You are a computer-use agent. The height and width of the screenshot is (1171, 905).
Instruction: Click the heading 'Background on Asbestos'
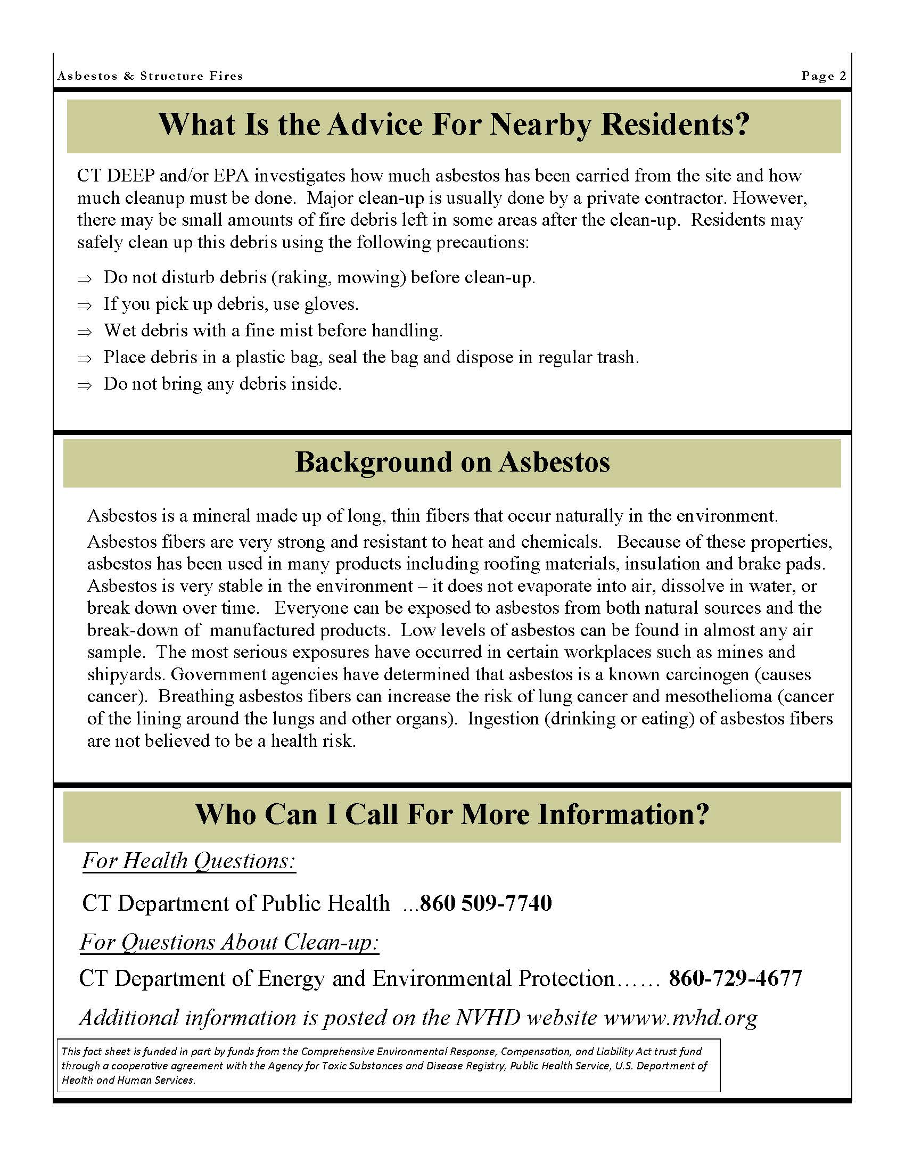452,462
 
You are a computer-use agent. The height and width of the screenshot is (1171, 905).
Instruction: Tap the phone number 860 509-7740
486,903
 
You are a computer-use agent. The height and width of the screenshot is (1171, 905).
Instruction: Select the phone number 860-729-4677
735,978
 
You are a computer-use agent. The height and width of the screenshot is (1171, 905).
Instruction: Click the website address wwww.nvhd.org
681,1018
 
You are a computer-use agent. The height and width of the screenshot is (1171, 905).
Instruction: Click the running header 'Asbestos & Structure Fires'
150,76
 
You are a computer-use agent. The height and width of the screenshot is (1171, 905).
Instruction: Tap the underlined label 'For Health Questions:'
189,862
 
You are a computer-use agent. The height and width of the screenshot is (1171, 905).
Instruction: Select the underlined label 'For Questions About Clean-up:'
229,943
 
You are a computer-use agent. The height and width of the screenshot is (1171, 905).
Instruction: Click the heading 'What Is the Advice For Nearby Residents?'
453,125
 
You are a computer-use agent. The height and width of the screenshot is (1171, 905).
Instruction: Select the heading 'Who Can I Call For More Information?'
452,814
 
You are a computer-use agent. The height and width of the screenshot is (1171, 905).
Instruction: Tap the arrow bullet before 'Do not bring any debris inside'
84,385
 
